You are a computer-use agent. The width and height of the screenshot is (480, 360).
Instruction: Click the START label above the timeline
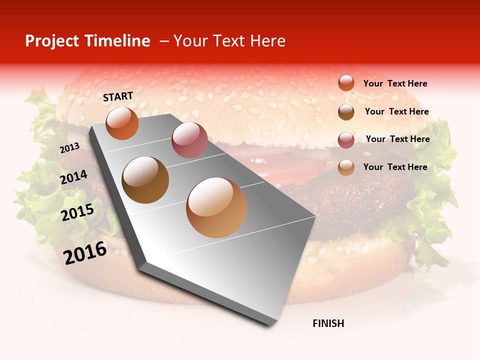click(118, 96)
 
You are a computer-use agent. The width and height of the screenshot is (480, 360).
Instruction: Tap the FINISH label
click(328, 323)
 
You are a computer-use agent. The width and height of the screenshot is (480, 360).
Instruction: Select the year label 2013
click(70, 148)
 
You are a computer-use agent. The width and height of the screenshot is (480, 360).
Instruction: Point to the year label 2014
click(73, 177)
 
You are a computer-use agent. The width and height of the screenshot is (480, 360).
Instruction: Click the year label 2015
click(77, 212)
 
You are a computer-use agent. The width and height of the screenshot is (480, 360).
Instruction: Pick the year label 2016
click(85, 252)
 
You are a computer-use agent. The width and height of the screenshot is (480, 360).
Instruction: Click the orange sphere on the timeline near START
click(122, 123)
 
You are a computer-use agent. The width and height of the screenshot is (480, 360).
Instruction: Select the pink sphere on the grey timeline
click(189, 139)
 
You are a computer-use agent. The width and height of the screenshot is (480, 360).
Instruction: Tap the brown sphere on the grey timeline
click(145, 180)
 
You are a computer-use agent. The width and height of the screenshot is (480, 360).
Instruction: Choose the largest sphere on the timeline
click(216, 207)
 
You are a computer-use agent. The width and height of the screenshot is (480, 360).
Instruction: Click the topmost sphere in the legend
click(346, 83)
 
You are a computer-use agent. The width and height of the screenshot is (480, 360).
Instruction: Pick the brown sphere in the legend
click(346, 112)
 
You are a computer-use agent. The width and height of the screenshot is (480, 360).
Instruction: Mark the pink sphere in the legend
click(346, 140)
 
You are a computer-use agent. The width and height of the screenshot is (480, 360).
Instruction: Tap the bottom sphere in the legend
click(346, 167)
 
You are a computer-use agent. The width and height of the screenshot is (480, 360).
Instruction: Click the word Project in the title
click(52, 41)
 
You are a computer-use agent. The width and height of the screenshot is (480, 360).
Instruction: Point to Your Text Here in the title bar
click(229, 41)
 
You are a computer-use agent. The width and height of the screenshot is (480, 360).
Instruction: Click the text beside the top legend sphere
click(395, 83)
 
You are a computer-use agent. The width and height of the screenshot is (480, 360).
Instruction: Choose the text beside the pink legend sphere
click(397, 139)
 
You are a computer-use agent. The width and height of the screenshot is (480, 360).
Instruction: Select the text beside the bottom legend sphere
click(395, 167)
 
